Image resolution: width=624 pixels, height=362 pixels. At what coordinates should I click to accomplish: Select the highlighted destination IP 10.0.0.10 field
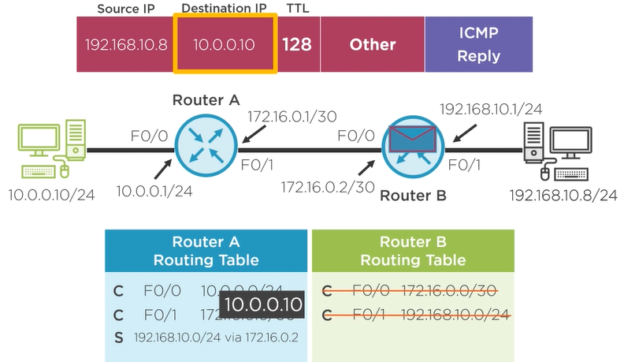click(225, 44)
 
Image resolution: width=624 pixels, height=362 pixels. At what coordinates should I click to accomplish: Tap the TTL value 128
click(297, 44)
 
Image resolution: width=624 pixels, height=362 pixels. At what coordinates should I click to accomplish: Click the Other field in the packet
click(372, 44)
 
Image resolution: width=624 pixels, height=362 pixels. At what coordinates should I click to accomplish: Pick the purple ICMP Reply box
click(478, 44)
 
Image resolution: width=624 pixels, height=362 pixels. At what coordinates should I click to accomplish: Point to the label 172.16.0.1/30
click(292, 117)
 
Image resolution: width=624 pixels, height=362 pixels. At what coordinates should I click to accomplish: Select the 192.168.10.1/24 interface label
click(490, 109)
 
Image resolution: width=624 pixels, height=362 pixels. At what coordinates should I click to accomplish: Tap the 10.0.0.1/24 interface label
click(156, 189)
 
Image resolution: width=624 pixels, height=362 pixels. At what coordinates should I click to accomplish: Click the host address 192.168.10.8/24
click(563, 194)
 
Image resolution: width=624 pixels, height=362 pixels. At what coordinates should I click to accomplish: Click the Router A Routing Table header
click(205, 251)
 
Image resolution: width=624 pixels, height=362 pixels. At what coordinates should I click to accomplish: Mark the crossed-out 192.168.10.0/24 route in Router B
click(455, 316)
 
